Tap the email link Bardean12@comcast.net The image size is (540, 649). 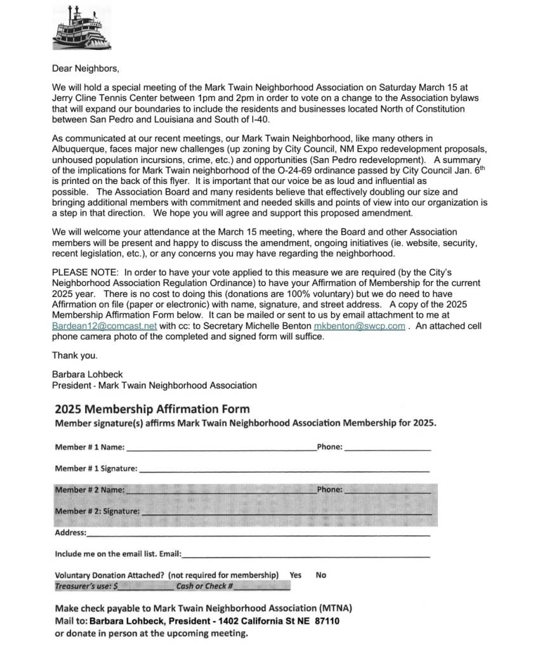click(104, 326)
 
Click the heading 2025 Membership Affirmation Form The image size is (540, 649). click(152, 409)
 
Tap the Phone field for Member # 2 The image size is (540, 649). click(387, 490)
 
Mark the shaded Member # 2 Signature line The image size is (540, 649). click(285, 511)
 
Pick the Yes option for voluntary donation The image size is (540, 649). click(296, 575)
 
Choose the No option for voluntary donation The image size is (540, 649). click(321, 575)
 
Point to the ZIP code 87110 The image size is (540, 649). click(325, 621)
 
